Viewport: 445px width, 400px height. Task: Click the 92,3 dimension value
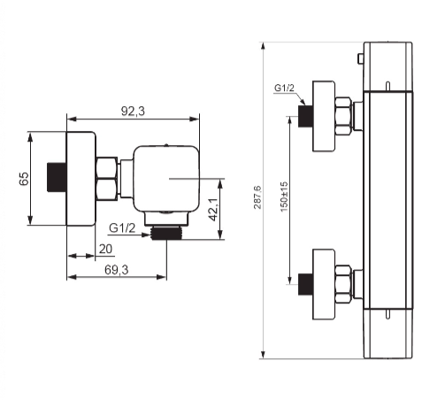click(x=133, y=112)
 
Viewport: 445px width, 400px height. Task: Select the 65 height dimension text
click(x=24, y=179)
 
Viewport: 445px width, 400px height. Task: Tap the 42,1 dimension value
click(x=213, y=209)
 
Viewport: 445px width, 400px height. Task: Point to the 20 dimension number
click(x=105, y=249)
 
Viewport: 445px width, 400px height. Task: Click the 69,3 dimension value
click(x=117, y=270)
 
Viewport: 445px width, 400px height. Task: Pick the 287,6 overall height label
click(x=257, y=197)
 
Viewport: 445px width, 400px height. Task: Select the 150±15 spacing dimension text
click(x=284, y=196)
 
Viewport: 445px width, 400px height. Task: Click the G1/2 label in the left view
click(x=122, y=228)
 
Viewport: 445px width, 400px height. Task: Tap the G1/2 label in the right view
click(x=284, y=88)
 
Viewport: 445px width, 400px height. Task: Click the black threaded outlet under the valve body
click(x=166, y=233)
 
